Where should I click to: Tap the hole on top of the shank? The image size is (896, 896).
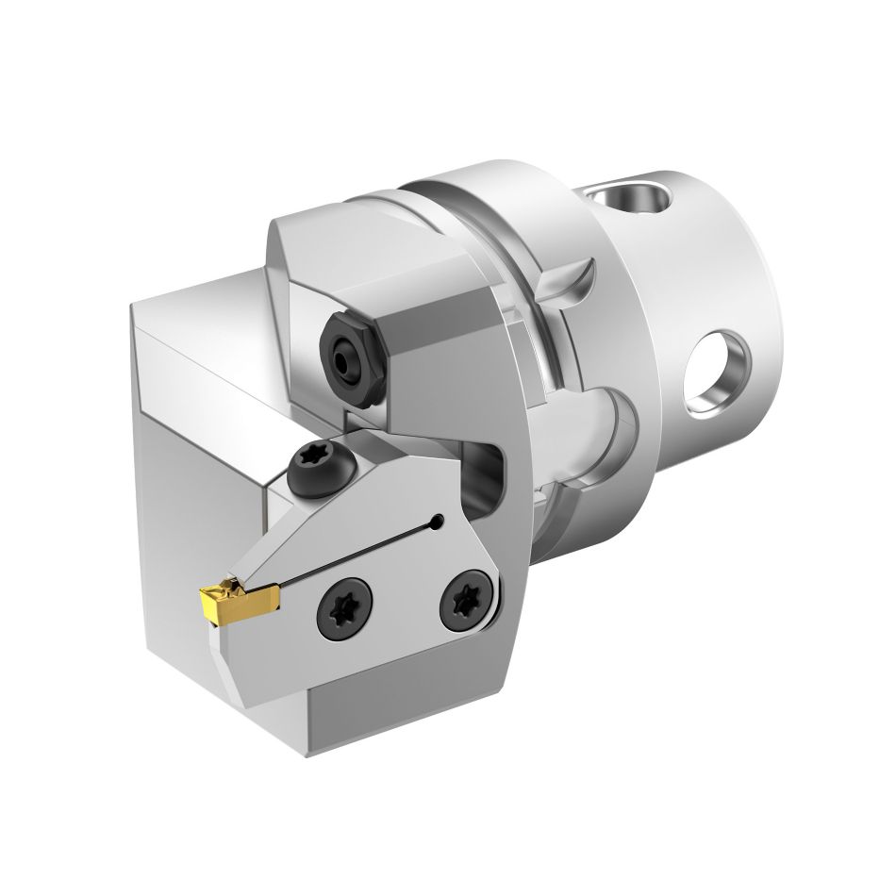point(630,199)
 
